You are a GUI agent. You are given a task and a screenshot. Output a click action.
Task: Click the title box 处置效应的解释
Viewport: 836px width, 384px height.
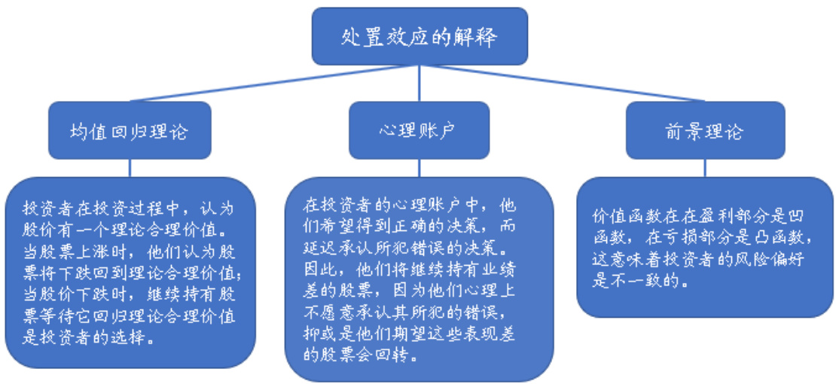tap(419, 36)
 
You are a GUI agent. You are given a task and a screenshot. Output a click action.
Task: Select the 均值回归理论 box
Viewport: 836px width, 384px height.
tap(129, 131)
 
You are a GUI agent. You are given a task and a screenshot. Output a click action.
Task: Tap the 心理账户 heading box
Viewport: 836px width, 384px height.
tap(419, 130)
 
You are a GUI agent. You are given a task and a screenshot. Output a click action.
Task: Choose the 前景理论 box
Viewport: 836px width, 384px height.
tap(705, 130)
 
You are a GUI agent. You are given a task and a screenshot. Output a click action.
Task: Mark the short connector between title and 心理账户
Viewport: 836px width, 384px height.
tap(419, 83)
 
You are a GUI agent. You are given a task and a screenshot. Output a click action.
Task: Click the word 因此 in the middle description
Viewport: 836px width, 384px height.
tap(321, 267)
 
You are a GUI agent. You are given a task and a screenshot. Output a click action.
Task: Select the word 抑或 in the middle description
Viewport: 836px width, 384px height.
tap(321, 333)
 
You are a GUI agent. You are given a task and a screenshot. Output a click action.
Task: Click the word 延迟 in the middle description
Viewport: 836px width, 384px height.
tap(321, 245)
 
